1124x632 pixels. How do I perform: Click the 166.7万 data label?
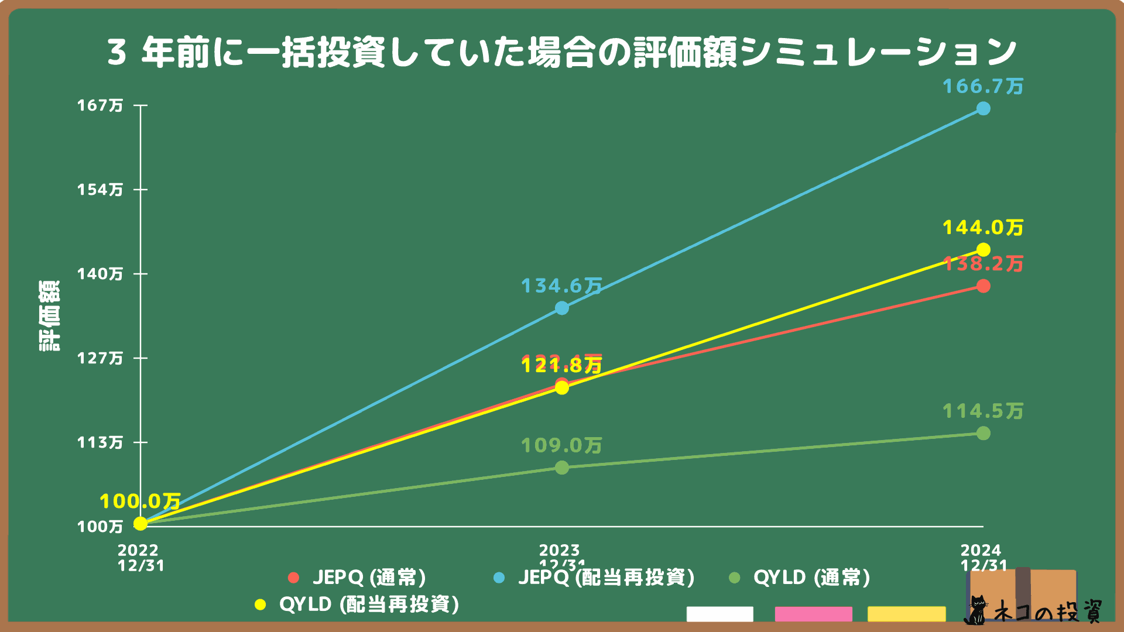pos(983,87)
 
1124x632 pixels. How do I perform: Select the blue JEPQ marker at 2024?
pos(983,109)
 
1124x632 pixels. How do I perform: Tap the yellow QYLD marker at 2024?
pos(983,250)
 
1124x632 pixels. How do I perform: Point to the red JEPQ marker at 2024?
pos(983,286)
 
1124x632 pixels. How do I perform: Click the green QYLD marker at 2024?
pos(983,433)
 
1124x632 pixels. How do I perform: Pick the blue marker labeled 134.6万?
pos(562,308)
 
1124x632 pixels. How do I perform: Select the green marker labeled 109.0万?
pos(562,468)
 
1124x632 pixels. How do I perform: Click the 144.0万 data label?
pos(983,228)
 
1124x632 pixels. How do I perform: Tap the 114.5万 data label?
pos(983,411)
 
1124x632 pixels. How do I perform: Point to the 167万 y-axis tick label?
pos(100,105)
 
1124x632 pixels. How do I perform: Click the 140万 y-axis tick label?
pos(100,274)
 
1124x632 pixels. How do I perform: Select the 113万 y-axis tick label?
pos(100,442)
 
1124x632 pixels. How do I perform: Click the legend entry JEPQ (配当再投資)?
pos(595,578)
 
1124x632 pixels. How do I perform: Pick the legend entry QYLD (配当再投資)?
pos(358,604)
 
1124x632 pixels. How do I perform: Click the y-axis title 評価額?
pos(50,316)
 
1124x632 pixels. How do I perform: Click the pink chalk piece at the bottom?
pos(813,614)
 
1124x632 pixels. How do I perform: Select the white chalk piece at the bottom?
pos(719,614)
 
